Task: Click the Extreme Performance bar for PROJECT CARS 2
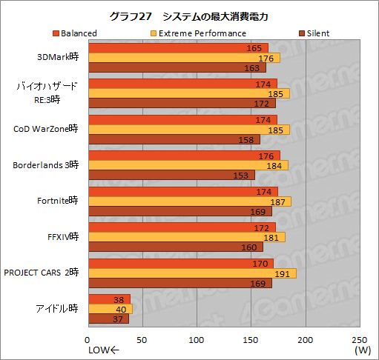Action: (192, 273)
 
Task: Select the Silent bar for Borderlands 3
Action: (171, 175)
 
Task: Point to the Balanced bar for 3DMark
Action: (178, 48)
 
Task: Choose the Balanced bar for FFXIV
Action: (182, 227)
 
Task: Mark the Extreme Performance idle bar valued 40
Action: (110, 309)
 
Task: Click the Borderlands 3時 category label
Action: (45, 165)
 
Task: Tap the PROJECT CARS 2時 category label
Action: (41, 273)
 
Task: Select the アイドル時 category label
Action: (56, 309)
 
